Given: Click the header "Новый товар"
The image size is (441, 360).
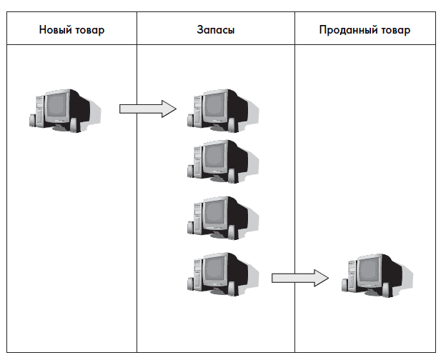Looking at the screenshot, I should [71, 31].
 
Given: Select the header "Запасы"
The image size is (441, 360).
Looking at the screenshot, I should [215, 31].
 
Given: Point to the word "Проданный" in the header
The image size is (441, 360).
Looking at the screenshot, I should [347, 31].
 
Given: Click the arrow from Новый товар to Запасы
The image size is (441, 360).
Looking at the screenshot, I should [147, 109].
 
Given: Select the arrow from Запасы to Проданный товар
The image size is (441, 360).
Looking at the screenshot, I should [299, 277].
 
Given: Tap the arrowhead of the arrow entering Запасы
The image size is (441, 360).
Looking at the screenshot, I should [169, 109].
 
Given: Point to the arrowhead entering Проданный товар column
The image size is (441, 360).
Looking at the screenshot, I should [321, 277].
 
